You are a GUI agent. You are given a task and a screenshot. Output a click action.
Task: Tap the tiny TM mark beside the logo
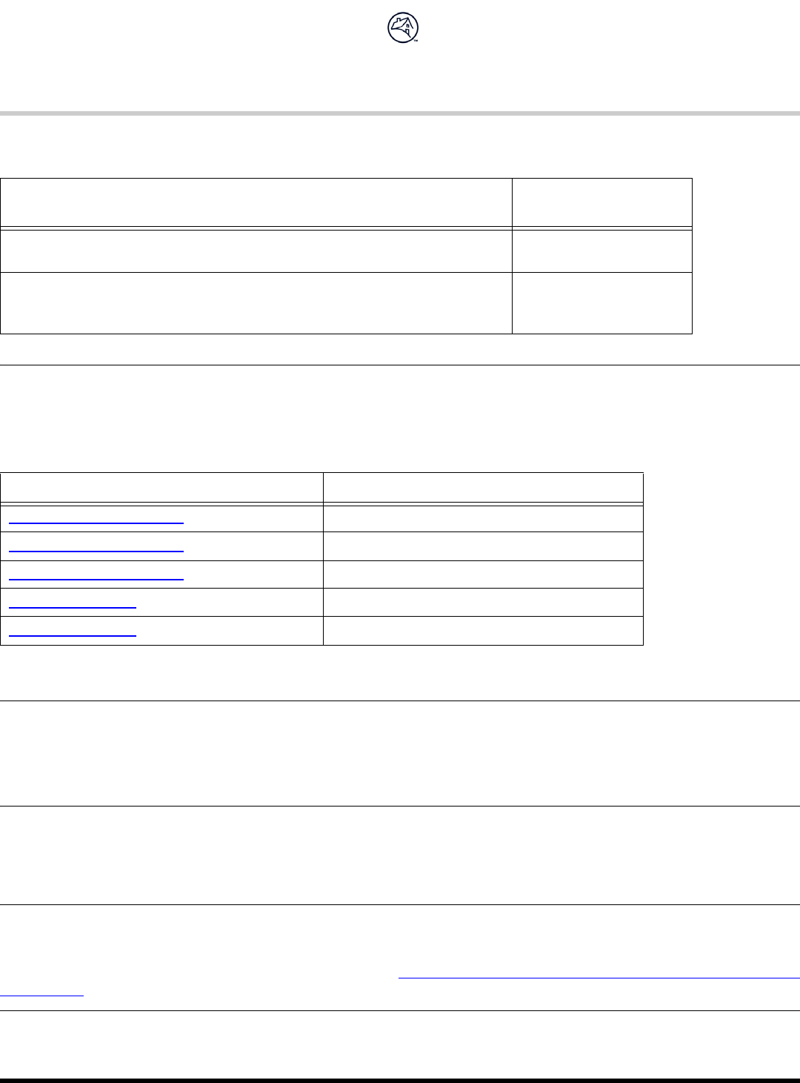416,42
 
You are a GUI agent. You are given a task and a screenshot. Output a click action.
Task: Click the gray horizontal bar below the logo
400,113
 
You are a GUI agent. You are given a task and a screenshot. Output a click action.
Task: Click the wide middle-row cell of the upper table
256,251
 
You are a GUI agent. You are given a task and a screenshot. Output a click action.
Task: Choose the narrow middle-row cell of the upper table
601,251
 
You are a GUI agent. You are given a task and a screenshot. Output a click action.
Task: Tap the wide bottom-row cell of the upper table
256,303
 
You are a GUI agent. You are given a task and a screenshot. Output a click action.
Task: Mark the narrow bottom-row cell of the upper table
601,303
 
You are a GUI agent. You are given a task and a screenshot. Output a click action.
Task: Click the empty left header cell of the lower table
161,488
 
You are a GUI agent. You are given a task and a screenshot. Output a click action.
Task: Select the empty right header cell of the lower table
483,488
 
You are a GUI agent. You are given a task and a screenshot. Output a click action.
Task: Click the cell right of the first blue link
483,519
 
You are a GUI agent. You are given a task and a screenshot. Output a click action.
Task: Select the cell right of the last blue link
483,631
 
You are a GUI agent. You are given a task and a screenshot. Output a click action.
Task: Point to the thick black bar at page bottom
400,1080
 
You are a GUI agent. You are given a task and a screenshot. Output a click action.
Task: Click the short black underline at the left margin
42,996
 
